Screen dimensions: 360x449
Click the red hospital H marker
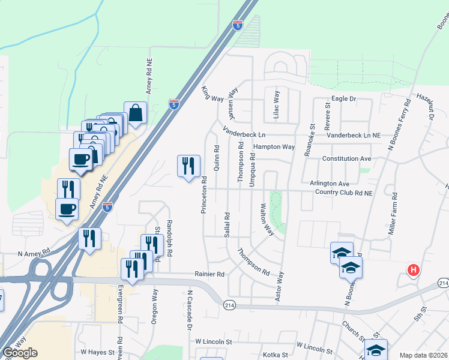413,271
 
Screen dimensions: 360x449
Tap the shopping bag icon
136,113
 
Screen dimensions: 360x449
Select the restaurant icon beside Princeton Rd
188,166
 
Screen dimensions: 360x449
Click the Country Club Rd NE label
344,193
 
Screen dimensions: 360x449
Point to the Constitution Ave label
346,158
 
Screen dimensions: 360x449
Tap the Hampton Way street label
274,147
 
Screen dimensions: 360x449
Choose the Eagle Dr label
344,98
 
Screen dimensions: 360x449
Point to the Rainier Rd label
209,274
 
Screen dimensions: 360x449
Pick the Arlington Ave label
329,184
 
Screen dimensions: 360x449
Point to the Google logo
20,353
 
